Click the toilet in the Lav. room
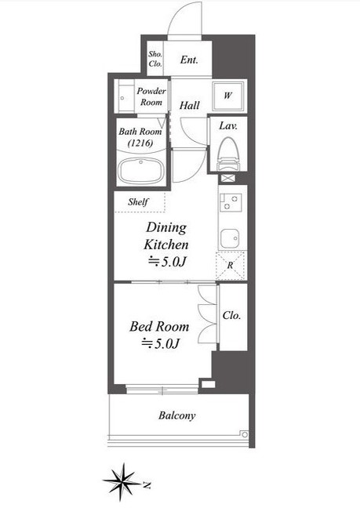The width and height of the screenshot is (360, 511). (228, 154)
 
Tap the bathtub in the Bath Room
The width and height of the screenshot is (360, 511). (141, 170)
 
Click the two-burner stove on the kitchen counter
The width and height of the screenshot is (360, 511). (231, 202)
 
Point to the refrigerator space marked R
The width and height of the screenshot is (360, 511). (230, 265)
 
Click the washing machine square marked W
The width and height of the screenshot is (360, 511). (228, 96)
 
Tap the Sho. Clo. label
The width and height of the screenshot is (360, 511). (155, 59)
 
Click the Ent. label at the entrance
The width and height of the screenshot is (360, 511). (189, 60)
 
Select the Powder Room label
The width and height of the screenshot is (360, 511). (151, 96)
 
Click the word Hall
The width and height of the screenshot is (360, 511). (190, 105)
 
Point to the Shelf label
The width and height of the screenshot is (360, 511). (138, 202)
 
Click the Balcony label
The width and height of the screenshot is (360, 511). (177, 415)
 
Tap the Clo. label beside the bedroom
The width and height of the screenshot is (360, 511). (231, 316)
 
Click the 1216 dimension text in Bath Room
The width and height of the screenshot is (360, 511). (140, 143)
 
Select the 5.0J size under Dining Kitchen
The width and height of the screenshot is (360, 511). (167, 262)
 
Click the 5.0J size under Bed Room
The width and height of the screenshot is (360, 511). (160, 344)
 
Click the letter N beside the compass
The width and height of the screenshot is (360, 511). (147, 485)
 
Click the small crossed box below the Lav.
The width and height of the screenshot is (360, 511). (228, 178)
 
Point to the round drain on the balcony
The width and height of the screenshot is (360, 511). (244, 434)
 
